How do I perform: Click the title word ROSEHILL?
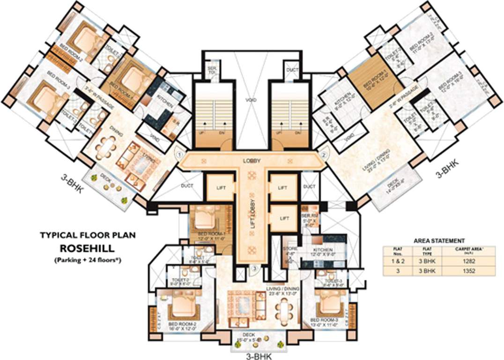click(x=87, y=247)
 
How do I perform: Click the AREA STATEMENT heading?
click(x=439, y=240)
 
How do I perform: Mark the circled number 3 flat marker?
click(x=254, y=269)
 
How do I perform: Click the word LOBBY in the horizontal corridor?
click(x=252, y=161)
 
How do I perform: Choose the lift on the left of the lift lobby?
click(x=221, y=187)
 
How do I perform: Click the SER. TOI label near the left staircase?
click(x=211, y=71)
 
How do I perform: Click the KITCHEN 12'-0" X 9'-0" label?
click(x=323, y=252)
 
